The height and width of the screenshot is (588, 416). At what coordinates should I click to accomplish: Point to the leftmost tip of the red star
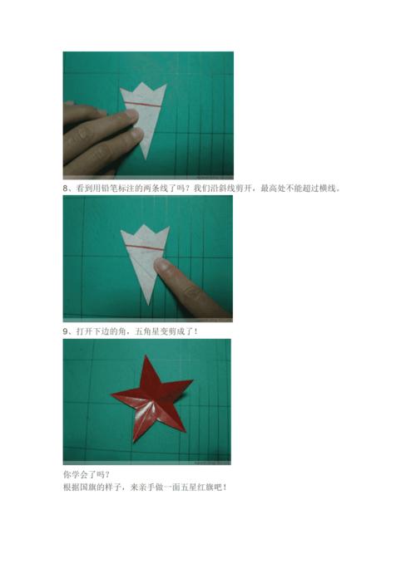pyautogui.click(x=112, y=394)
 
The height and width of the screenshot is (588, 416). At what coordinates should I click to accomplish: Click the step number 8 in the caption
pyautogui.click(x=66, y=189)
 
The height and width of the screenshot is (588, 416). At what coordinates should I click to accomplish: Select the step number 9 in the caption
pyautogui.click(x=66, y=331)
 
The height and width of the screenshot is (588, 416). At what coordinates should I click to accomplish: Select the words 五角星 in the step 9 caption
pyautogui.click(x=141, y=331)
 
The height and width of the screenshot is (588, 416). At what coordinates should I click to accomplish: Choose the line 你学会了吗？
pyautogui.click(x=87, y=475)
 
